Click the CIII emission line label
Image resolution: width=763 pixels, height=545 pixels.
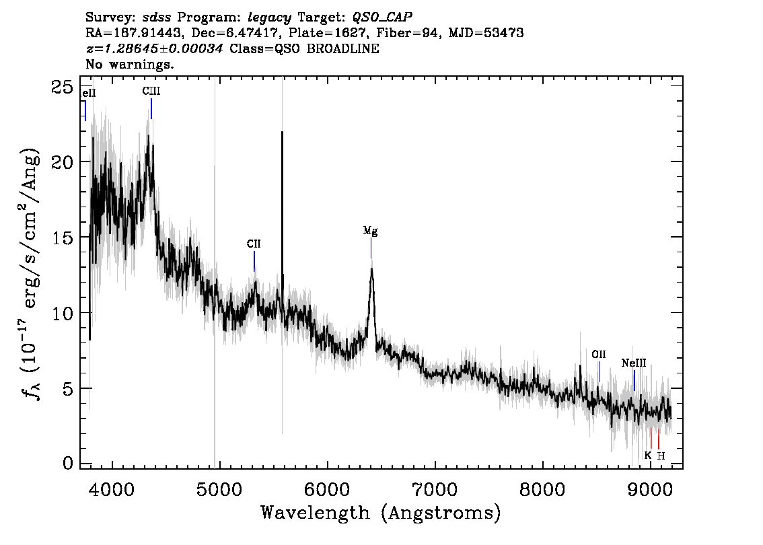[x=151, y=91]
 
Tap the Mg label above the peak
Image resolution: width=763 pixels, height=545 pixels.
[x=370, y=231]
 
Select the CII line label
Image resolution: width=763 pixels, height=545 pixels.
[x=254, y=244]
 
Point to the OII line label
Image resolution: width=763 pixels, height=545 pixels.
[x=599, y=354]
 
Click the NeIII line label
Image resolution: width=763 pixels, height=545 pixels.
[x=634, y=363]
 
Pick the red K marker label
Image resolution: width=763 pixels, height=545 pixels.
[x=647, y=456]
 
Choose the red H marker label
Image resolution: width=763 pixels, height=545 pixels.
[x=661, y=456]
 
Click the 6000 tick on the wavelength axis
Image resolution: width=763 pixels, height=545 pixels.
[x=327, y=489]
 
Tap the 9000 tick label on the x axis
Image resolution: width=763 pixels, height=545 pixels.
[x=650, y=489]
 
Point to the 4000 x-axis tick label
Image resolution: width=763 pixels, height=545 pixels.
[x=112, y=489]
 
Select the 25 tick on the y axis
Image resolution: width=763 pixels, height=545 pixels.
[x=63, y=87]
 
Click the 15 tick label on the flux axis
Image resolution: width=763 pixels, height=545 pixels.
[x=63, y=238]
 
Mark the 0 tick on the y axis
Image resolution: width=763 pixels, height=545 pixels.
[x=68, y=463]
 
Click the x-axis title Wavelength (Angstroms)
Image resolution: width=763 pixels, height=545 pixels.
[x=381, y=513]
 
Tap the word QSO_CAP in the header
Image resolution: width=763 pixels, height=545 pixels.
[x=382, y=17]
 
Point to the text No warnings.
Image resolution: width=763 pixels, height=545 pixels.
[x=129, y=64]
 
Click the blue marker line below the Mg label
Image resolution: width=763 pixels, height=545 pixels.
[x=371, y=248]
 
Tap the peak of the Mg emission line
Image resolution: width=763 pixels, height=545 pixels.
[x=372, y=268]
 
